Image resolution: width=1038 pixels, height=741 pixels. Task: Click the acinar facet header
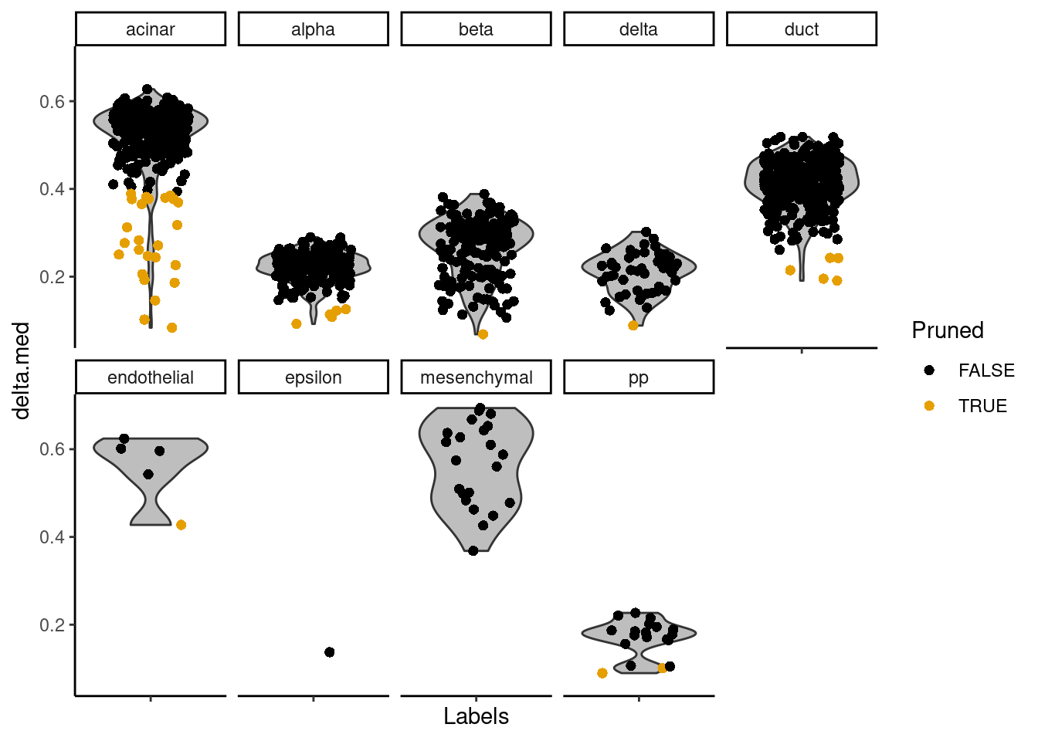[x=151, y=29]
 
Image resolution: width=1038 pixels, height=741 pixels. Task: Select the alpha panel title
[x=314, y=29]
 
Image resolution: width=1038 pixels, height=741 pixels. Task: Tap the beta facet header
[x=476, y=29]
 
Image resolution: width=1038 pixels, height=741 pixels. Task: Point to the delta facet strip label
[x=639, y=29]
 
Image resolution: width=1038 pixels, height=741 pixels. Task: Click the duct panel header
[x=802, y=29]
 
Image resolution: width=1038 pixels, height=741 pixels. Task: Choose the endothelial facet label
[x=151, y=377]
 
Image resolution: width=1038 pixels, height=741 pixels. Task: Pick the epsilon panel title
[x=314, y=377]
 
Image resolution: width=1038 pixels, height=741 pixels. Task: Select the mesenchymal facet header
[x=476, y=377]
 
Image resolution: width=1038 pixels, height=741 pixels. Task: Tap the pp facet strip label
[x=639, y=377]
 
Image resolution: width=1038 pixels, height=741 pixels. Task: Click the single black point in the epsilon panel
[x=330, y=652]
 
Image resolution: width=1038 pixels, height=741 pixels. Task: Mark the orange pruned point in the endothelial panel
[x=181, y=525]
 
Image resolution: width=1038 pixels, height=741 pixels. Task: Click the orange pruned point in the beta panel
[x=483, y=334]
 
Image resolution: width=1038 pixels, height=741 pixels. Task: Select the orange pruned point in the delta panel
[x=633, y=326]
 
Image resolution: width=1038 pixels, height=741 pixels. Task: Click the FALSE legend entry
[x=969, y=370]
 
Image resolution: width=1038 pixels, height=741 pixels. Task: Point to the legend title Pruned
[x=948, y=330]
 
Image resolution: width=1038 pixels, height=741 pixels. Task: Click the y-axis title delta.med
[x=22, y=371]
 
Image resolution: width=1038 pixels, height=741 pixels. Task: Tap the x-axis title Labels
[x=476, y=716]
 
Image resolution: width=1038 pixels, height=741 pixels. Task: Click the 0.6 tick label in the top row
[x=52, y=101]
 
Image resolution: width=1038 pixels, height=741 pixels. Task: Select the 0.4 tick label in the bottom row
[x=52, y=537]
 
